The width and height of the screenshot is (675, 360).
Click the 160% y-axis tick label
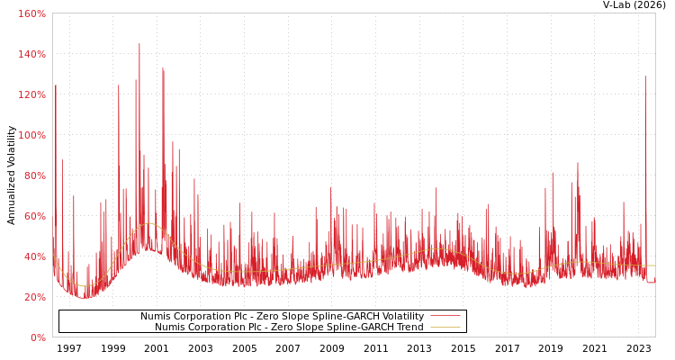(31, 13)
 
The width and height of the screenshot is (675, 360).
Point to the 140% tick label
(31, 54)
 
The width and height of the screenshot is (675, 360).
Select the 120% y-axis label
(31, 94)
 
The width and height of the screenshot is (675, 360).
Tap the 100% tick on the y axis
(31, 135)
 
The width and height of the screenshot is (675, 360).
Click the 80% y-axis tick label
(33, 175)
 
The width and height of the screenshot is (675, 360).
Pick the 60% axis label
(33, 216)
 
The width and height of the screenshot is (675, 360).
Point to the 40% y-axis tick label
(33, 256)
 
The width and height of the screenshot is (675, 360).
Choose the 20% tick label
(33, 297)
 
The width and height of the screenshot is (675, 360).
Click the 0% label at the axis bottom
(37, 337)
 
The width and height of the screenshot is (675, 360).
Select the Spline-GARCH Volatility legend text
(281, 317)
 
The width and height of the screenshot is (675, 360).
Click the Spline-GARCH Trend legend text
(288, 328)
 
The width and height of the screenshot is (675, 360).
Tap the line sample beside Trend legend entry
(445, 328)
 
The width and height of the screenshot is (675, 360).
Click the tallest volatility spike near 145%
(139, 45)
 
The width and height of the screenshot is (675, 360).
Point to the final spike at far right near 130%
(644, 77)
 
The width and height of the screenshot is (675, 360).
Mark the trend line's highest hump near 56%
(149, 223)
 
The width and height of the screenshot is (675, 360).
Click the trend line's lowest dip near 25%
(86, 286)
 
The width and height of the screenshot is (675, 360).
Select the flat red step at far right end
(651, 283)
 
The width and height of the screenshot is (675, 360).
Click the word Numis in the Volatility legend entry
(155, 317)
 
